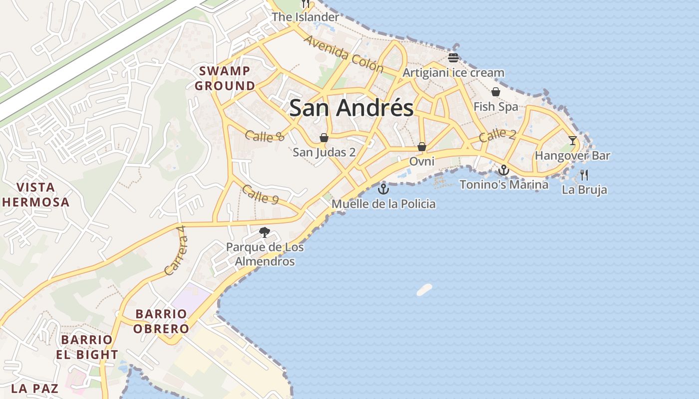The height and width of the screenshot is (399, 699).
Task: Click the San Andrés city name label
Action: click(x=351, y=108)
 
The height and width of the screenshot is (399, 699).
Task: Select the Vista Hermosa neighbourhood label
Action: click(x=35, y=195)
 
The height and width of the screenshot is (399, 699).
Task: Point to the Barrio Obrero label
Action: click(x=161, y=321)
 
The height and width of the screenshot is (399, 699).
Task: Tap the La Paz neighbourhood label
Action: click(x=34, y=388)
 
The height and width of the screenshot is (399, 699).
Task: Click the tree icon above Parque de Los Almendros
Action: click(x=265, y=232)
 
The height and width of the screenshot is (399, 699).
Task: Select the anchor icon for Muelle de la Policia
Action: click(x=383, y=189)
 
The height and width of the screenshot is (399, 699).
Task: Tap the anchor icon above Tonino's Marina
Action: click(x=503, y=170)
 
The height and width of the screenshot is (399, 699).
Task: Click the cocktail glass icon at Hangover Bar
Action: click(x=572, y=141)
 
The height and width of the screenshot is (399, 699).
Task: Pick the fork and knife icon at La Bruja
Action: click(x=584, y=175)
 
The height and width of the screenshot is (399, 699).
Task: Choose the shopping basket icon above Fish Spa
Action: click(x=496, y=92)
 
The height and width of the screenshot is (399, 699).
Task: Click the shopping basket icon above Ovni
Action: click(x=422, y=147)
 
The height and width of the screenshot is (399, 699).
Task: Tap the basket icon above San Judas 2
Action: click(x=324, y=138)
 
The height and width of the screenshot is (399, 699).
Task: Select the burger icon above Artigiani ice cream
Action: click(x=453, y=57)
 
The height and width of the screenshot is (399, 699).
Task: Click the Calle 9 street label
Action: click(x=260, y=194)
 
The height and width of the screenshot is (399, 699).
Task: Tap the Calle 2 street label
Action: click(x=497, y=135)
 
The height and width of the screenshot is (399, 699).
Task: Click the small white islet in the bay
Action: click(x=424, y=289)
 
